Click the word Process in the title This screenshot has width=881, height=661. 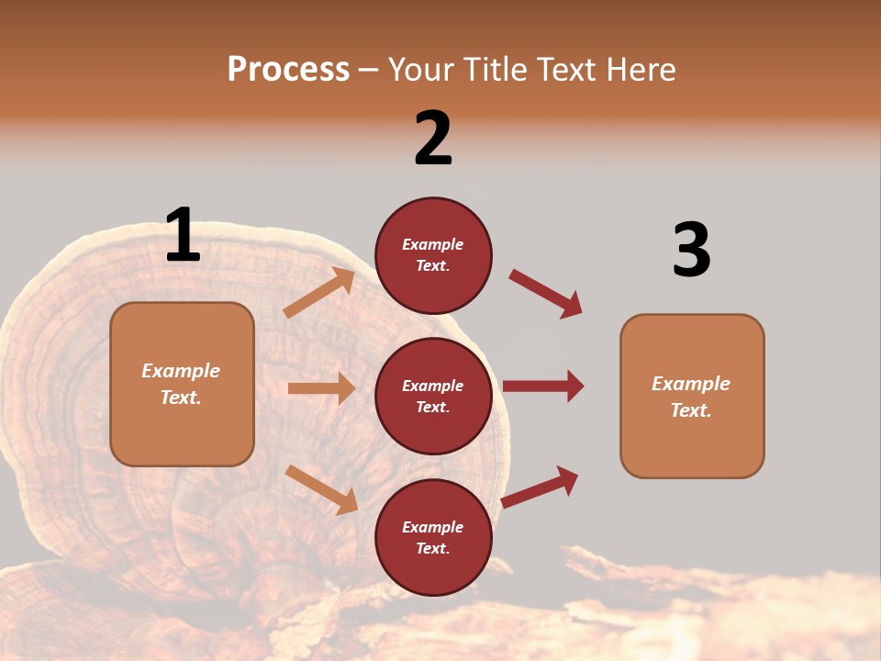[x=288, y=70]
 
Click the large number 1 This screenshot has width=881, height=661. [x=183, y=236]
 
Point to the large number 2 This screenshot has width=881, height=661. [x=433, y=139]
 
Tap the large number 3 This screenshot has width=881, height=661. [x=691, y=251]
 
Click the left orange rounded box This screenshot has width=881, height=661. [x=182, y=384]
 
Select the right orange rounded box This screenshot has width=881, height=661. [x=692, y=396]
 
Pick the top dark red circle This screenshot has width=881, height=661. [x=433, y=255]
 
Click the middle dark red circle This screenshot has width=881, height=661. [x=433, y=396]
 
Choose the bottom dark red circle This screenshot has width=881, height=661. [x=433, y=537]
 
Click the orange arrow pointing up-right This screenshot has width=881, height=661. [x=318, y=293]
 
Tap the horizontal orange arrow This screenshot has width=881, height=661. [x=321, y=388]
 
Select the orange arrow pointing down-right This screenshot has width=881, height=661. [x=321, y=489]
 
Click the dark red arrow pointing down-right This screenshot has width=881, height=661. [x=545, y=294]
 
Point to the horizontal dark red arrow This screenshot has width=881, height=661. [x=543, y=387]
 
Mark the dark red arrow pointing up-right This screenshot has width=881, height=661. [x=540, y=487]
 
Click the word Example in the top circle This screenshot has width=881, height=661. [x=433, y=245]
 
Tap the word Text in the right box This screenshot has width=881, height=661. [x=690, y=410]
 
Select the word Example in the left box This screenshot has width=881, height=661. [x=181, y=371]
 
